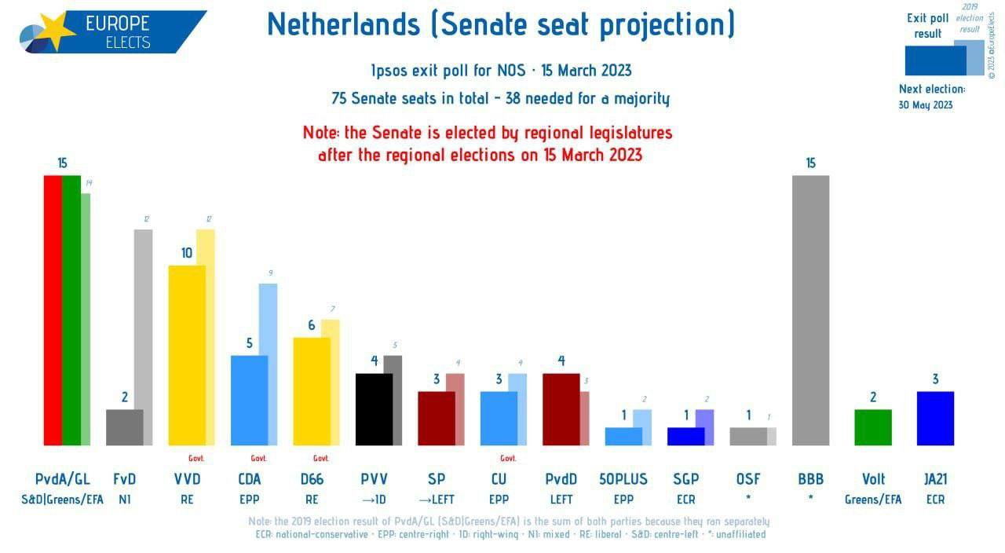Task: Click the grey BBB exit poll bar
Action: click(x=810, y=310)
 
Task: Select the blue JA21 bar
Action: click(x=935, y=418)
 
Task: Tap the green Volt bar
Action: click(x=872, y=427)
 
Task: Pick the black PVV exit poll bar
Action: click(x=374, y=409)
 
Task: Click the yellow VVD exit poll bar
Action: click(x=187, y=355)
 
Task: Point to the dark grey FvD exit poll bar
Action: click(x=124, y=427)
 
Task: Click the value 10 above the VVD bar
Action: click(x=187, y=253)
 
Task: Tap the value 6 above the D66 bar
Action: click(x=312, y=325)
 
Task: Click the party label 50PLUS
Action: click(x=623, y=479)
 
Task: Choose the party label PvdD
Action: click(x=561, y=479)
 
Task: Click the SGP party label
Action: click(x=685, y=479)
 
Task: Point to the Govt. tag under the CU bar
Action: click(x=508, y=459)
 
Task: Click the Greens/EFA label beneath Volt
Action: click(x=873, y=500)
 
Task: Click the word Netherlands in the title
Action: click(x=343, y=25)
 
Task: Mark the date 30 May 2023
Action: click(x=926, y=104)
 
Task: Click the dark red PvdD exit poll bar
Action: click(x=561, y=409)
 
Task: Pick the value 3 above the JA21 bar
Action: click(x=935, y=379)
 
